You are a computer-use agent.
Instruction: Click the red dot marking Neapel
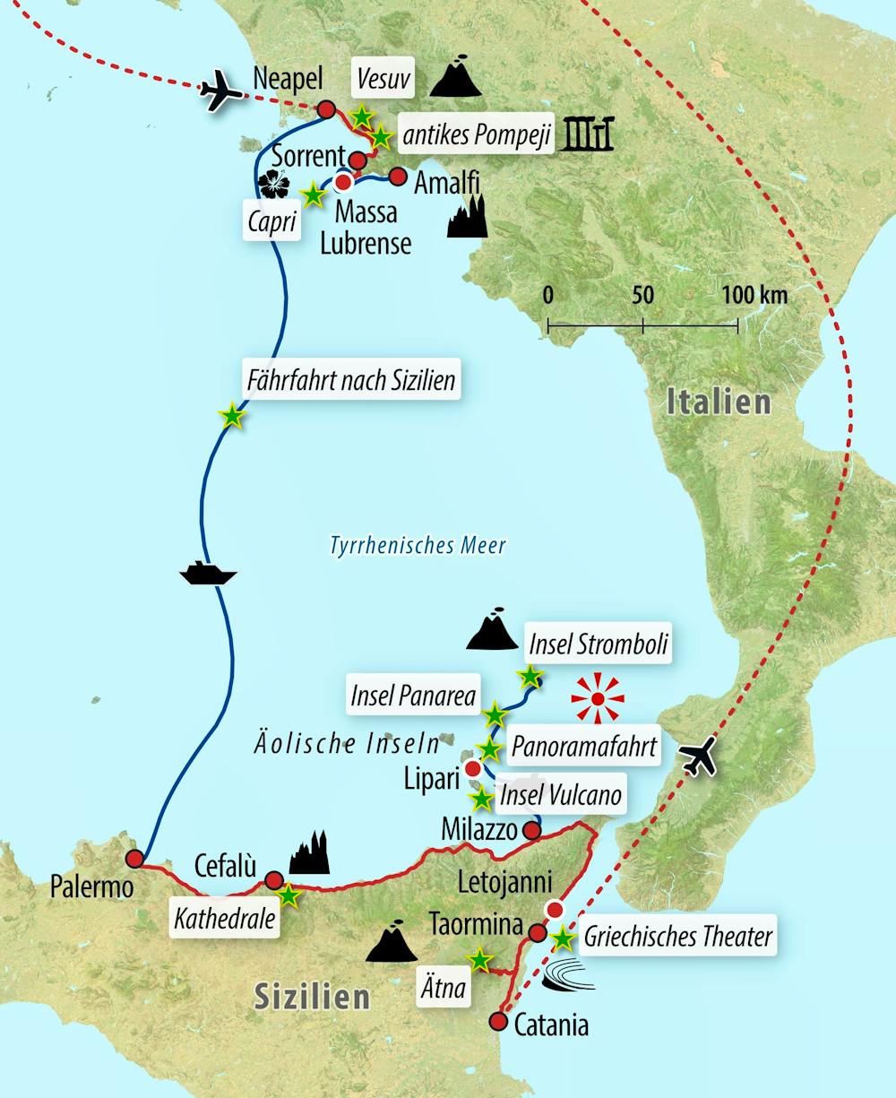[x=327, y=109]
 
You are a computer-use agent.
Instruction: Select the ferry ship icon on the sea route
[x=208, y=573]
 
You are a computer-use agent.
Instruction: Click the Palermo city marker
[x=135, y=859]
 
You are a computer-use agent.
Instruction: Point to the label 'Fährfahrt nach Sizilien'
[x=351, y=381]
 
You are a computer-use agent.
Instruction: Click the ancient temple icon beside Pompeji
[x=588, y=134]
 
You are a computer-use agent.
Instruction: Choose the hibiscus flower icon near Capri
[x=274, y=184]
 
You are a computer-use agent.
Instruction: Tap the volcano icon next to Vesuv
[x=456, y=77]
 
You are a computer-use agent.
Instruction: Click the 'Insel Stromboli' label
[x=598, y=644]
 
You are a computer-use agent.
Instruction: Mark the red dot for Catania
[x=498, y=1021]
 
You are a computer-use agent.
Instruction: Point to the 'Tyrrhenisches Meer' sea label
[x=418, y=545]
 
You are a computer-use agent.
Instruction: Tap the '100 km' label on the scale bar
[x=754, y=295]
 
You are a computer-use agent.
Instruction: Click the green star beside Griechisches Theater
[x=563, y=938]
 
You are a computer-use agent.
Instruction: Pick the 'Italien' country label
[x=719, y=402]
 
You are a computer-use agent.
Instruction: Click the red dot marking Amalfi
[x=398, y=176]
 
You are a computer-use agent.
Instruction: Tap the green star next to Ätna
[x=480, y=960]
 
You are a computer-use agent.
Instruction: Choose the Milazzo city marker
[x=531, y=831]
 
